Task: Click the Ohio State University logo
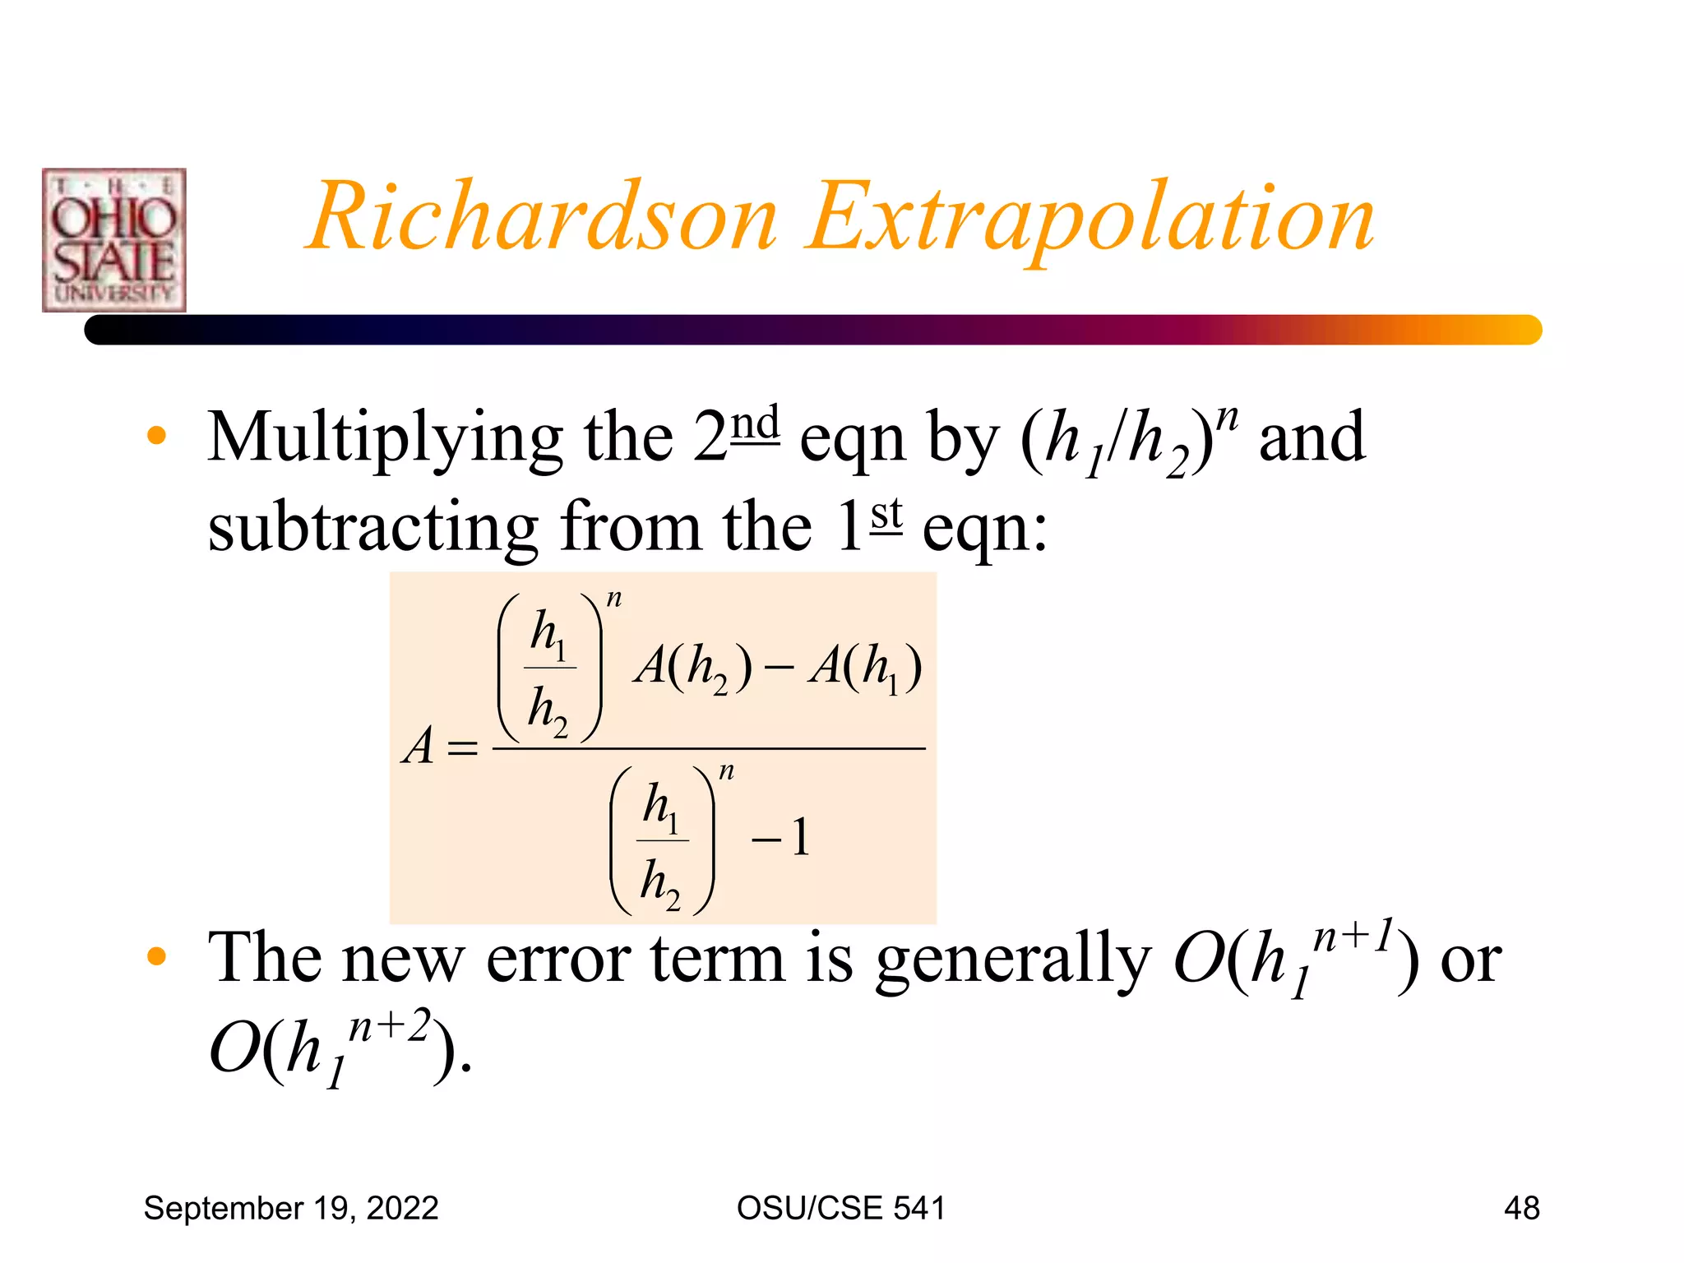114,240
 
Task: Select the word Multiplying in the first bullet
385,439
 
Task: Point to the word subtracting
372,527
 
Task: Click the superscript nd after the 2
755,423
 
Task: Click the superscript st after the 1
886,514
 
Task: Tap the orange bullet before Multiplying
156,436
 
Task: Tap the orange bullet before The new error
156,956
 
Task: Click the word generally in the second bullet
1012,960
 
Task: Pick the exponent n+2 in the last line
390,1027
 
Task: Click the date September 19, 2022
291,1208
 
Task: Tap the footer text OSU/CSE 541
841,1208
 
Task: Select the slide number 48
1521,1208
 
